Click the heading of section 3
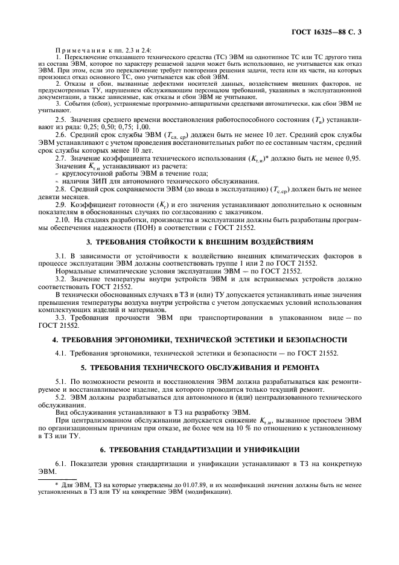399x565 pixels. (x=200, y=241)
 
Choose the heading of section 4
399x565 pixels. (x=200, y=340)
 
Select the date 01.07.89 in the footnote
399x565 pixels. (x=170, y=485)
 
